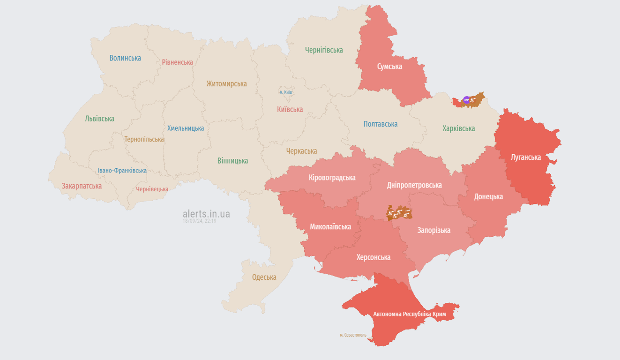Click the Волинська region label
pyautogui.click(x=125, y=58)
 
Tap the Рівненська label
pyautogui.click(x=177, y=62)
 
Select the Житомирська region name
pyautogui.click(x=226, y=84)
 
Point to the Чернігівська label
pyautogui.click(x=324, y=50)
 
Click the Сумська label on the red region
pyautogui.click(x=389, y=67)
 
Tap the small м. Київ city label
pyautogui.click(x=285, y=92)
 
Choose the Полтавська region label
pyautogui.click(x=380, y=124)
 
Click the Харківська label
pyautogui.click(x=458, y=128)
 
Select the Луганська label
pyautogui.click(x=526, y=157)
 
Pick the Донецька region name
pyautogui.click(x=488, y=196)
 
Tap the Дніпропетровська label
pyautogui.click(x=414, y=185)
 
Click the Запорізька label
pyautogui.click(x=434, y=230)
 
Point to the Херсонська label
pyautogui.click(x=373, y=257)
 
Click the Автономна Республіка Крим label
pyautogui.click(x=409, y=314)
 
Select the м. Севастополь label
pyautogui.click(x=353, y=335)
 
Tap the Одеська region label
pyautogui.click(x=264, y=277)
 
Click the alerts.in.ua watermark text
pyautogui.click(x=206, y=214)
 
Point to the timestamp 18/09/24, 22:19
pyautogui.click(x=199, y=221)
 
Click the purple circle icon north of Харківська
pyautogui.click(x=466, y=100)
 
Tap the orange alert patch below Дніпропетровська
pyautogui.click(x=399, y=213)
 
